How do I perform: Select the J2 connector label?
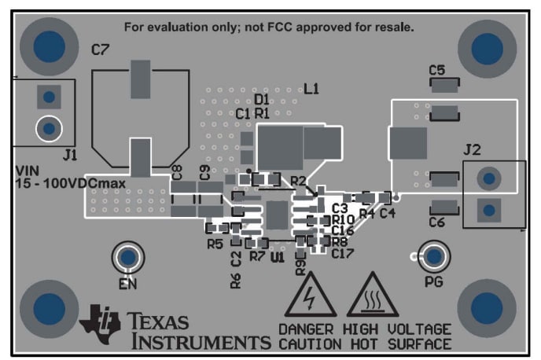coord(472,149)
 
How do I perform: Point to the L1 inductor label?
coord(311,89)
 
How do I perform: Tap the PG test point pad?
coord(433,256)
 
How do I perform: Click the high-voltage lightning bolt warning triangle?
coord(311,297)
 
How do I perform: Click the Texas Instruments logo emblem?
coord(100,321)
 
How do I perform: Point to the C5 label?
coord(437,70)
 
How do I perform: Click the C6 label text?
coord(437,223)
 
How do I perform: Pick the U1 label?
coord(277,257)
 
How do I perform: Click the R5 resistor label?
coord(215,244)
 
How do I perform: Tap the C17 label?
coord(343,253)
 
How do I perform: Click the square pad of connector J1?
coord(49,97)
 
